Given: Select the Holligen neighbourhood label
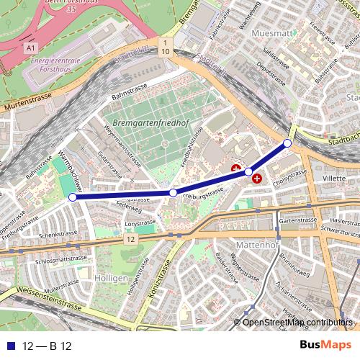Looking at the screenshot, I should coord(111,278).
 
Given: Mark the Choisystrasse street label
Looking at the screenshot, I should coord(290,175).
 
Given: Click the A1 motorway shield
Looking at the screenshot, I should coord(30,48).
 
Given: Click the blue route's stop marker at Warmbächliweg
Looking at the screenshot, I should coord(72,197).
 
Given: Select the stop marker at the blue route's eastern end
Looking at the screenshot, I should coord(287,144).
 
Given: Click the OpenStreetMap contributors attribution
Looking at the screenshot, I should coord(297,322).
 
